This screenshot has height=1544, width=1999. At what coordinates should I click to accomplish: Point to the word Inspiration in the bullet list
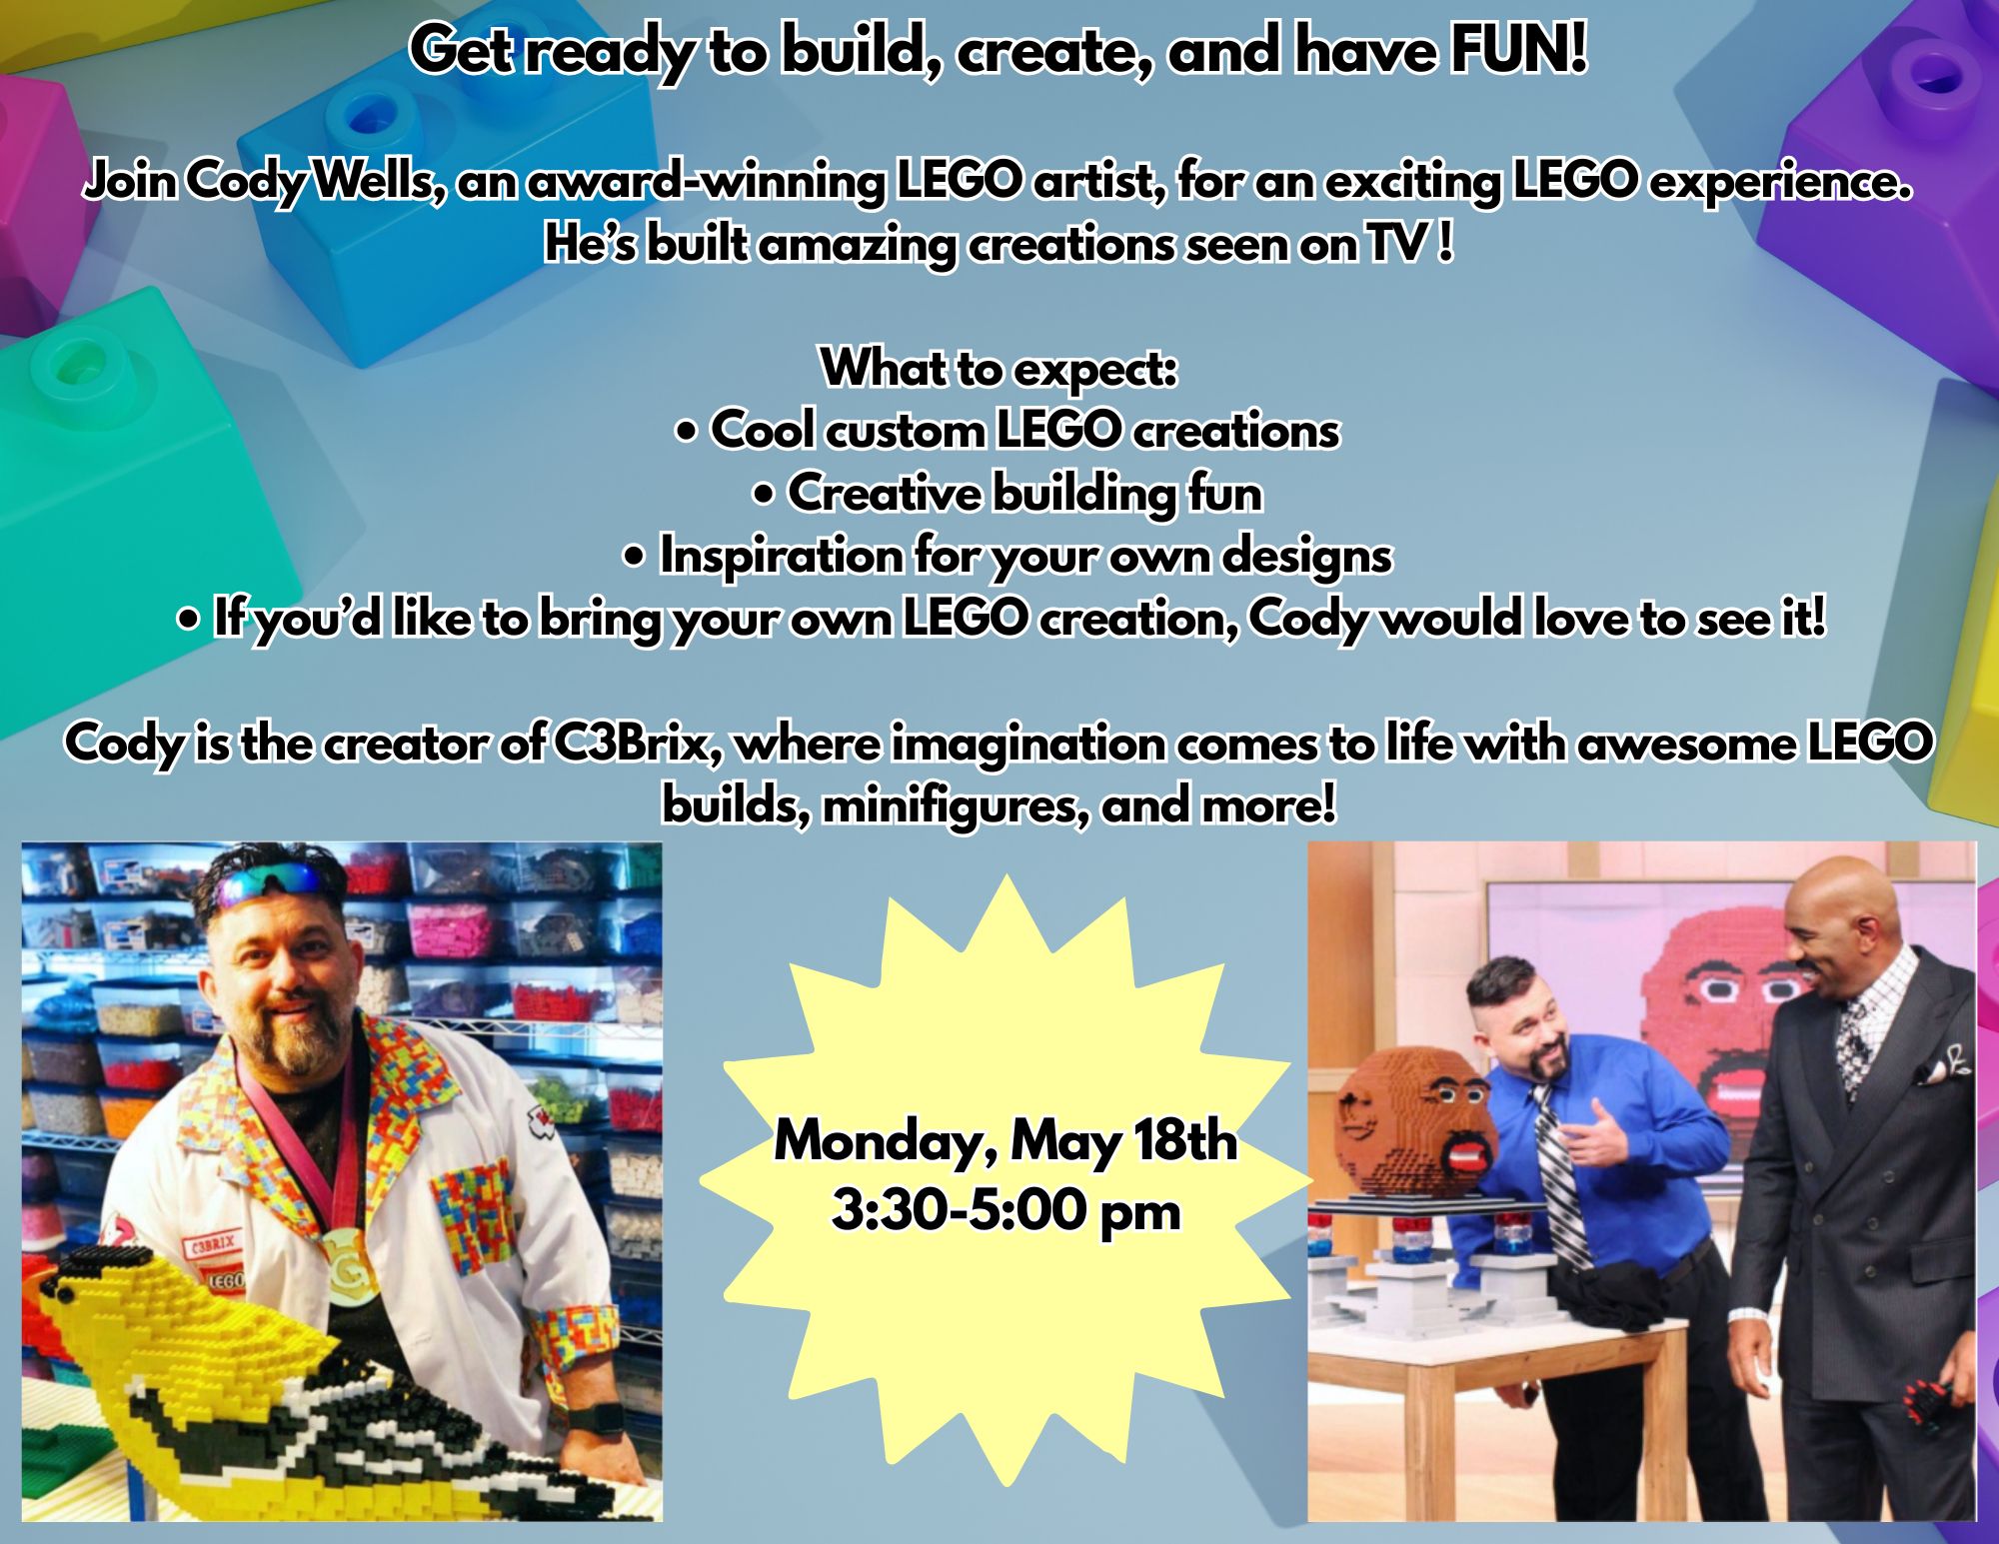pos(781,557)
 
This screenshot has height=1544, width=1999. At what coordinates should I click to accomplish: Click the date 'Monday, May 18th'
pos(1005,1140)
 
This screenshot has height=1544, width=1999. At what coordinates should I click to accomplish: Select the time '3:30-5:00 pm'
pos(1006,1211)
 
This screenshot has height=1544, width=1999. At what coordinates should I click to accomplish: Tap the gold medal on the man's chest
pos(346,1254)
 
